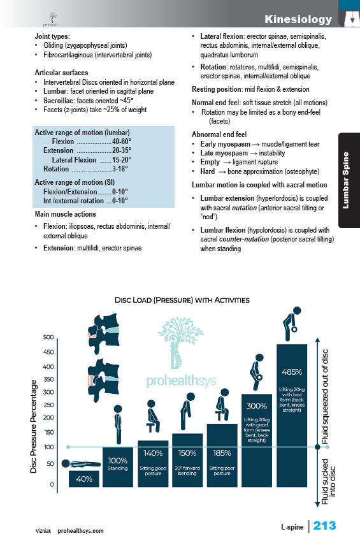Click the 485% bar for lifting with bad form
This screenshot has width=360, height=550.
[292, 416]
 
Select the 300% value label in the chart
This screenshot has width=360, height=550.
[257, 406]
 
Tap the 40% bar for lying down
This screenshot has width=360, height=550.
[83, 479]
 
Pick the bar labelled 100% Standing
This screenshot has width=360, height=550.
[118, 467]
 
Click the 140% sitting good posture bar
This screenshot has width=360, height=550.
[153, 464]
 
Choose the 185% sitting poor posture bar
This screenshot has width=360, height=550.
[222, 455]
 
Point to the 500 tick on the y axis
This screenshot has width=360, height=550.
[48, 337]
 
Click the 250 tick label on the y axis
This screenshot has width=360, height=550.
[48, 405]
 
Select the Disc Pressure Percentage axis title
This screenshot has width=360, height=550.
[34, 426]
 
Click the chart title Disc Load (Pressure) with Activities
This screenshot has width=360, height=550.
[182, 300]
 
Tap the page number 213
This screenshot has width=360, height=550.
[324, 525]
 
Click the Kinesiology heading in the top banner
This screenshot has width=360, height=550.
[298, 19]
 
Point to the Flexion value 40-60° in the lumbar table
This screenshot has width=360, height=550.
[122, 141]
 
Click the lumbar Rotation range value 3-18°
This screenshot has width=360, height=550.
[120, 169]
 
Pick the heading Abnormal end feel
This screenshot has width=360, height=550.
[219, 134]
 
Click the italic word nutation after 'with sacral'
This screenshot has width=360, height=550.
[244, 208]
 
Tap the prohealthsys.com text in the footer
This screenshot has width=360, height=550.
[81, 531]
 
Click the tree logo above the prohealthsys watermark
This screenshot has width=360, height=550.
[180, 342]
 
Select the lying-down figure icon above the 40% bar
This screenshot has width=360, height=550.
[81, 464]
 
